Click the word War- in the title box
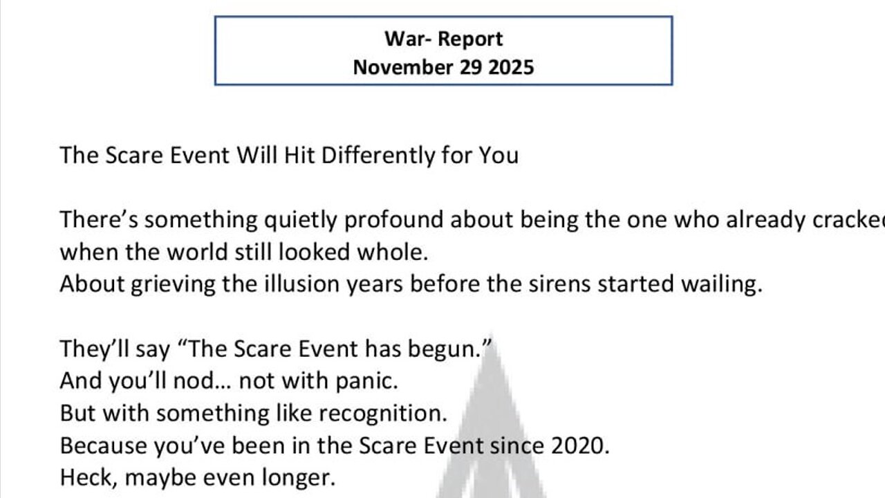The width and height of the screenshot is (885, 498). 407,39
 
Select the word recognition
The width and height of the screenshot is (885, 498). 373,413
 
